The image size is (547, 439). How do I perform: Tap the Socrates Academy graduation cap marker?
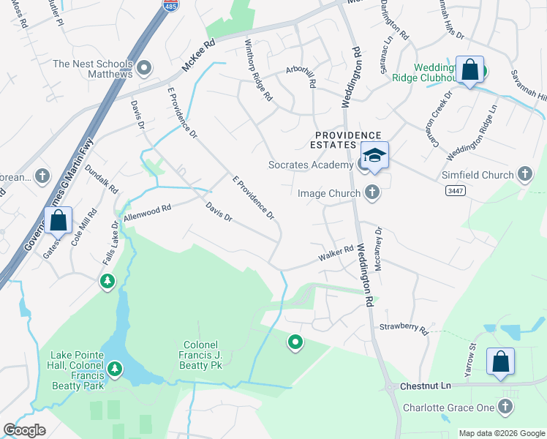[x=374, y=156]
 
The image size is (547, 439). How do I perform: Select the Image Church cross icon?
[x=372, y=193]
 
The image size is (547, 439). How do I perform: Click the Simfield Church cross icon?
[x=524, y=175]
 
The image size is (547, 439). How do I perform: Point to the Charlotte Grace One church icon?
[x=505, y=406]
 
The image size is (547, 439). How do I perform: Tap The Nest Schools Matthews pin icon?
[x=145, y=69]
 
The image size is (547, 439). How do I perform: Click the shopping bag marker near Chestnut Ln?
[x=500, y=361]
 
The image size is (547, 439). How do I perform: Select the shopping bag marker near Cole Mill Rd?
[x=58, y=219]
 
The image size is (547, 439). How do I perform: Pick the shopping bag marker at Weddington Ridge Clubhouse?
[x=469, y=70]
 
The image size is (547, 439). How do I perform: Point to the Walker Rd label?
[x=336, y=254]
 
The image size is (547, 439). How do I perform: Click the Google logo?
[x=24, y=429]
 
